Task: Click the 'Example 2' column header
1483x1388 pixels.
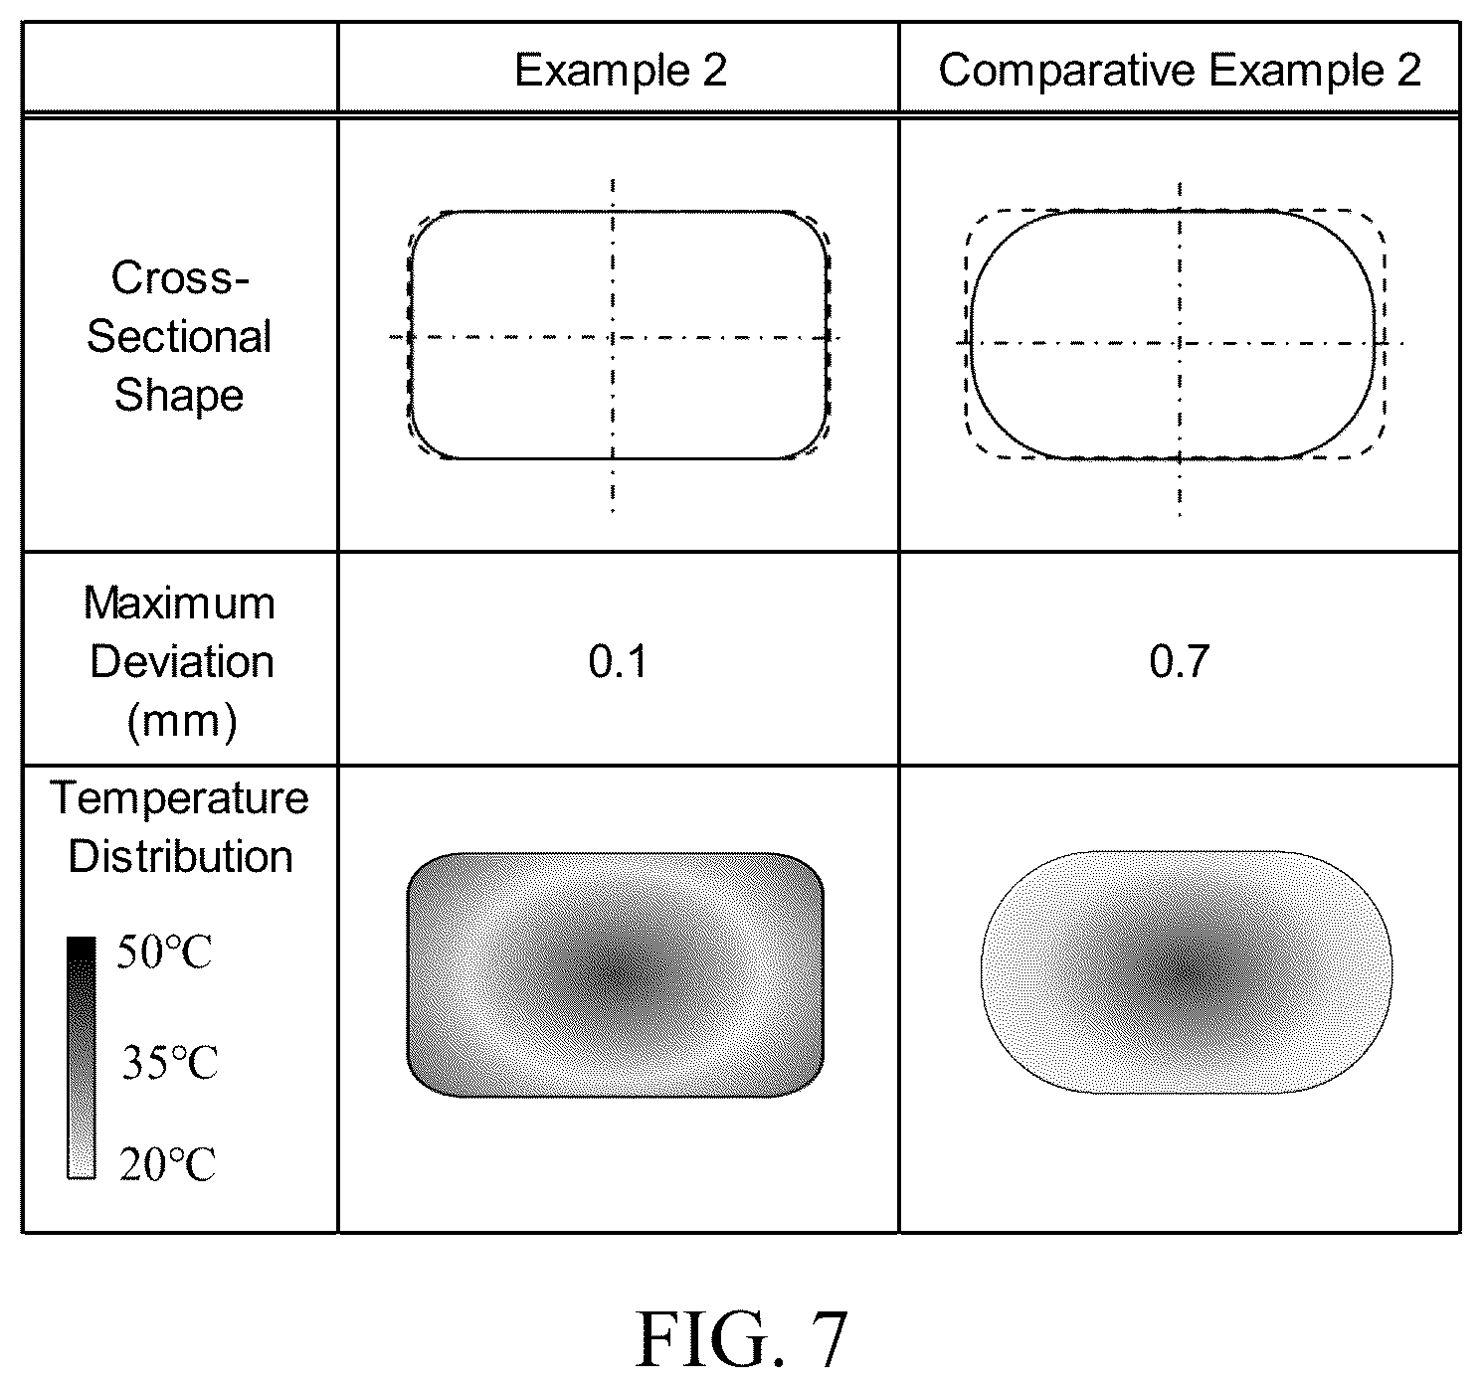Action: click(x=621, y=71)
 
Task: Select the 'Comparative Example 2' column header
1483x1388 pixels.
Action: click(x=1180, y=71)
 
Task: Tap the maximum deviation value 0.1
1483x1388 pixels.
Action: click(x=618, y=661)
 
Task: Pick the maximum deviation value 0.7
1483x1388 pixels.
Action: click(x=1179, y=661)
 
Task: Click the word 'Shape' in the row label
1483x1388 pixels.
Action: click(x=179, y=396)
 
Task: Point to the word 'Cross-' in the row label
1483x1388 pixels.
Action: click(x=180, y=277)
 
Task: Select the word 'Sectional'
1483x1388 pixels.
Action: click(x=179, y=336)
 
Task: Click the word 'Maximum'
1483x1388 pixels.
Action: click(x=179, y=604)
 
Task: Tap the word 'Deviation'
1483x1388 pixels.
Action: click(x=181, y=662)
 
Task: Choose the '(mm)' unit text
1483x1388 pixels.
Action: click(x=181, y=722)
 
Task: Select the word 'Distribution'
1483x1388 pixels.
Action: click(x=181, y=856)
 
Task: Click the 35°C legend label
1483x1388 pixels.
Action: click(x=169, y=1063)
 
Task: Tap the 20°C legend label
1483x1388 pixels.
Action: click(x=167, y=1164)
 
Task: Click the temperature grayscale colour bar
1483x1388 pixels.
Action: click(x=82, y=1058)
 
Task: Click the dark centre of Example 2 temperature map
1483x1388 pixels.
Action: click(x=615, y=973)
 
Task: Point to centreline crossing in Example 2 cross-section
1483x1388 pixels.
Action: click(x=613, y=337)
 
